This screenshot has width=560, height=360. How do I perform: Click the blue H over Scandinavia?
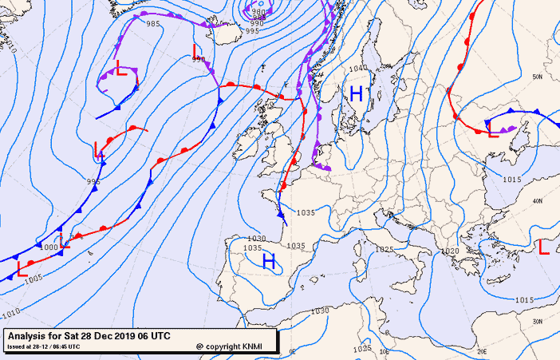(356, 94)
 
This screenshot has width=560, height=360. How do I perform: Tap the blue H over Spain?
(269, 261)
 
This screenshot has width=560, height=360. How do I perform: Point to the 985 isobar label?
(154, 24)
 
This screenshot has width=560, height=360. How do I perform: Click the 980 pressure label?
(258, 12)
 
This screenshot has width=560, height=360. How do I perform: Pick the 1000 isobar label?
(49, 247)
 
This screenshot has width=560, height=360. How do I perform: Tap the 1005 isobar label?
(34, 278)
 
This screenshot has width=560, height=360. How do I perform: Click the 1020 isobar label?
(450, 251)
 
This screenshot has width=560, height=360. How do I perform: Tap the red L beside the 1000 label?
(65, 241)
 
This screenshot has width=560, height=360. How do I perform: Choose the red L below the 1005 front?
(22, 269)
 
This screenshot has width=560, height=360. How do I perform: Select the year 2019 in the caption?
(132, 336)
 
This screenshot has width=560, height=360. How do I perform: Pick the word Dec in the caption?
(108, 336)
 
